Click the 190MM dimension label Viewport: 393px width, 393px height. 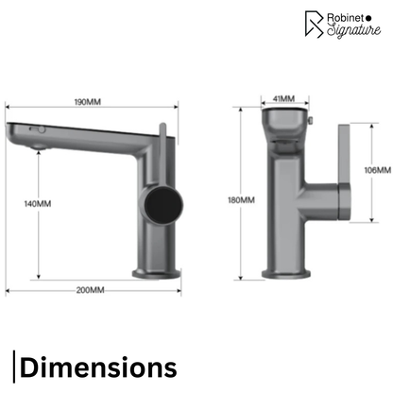88,102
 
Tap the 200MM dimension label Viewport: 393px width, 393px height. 90,290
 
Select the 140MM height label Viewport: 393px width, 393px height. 38,204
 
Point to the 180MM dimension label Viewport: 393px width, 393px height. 241,200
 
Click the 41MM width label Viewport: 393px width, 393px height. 283,98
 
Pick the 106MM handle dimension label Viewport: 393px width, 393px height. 378,170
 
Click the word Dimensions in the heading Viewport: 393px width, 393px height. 98,367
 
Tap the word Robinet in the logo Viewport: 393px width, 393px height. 346,18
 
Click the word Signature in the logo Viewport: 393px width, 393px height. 353,30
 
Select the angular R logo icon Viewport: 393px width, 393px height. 314,25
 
